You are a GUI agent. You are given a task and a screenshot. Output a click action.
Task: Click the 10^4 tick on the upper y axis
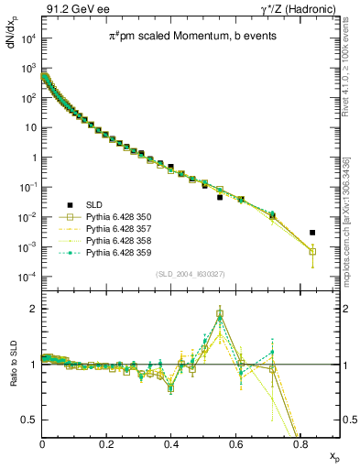click(28, 38)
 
